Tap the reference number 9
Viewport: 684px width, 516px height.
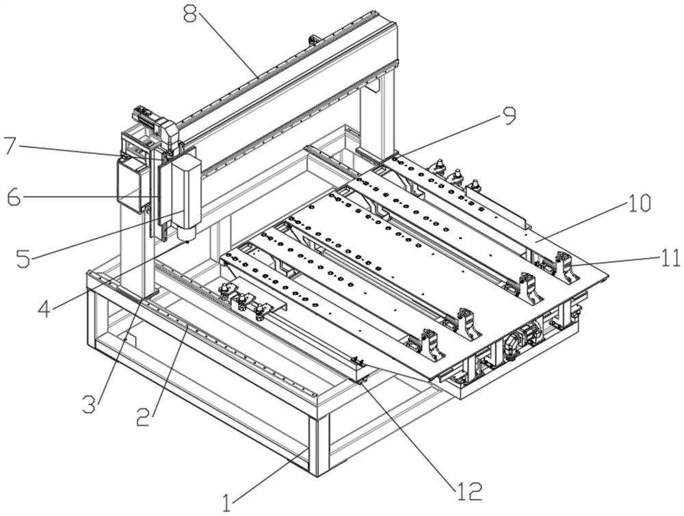click(508, 116)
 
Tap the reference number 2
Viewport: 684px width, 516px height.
click(144, 416)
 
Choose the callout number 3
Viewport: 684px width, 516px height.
click(90, 404)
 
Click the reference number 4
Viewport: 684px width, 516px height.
click(44, 309)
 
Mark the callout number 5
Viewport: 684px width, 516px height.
click(23, 259)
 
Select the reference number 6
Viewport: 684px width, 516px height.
click(14, 198)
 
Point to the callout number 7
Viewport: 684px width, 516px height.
click(10, 146)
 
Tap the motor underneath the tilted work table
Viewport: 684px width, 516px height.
click(522, 341)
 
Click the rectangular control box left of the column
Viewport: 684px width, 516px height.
click(129, 185)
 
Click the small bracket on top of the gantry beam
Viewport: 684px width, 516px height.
click(313, 40)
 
